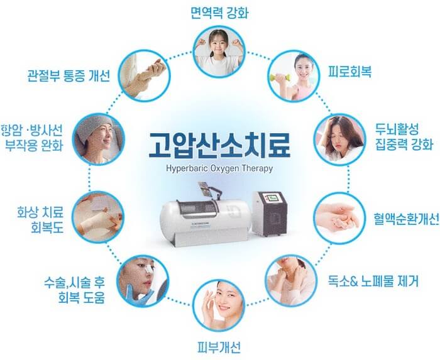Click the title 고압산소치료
click(219, 145)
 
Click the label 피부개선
click(219, 347)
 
